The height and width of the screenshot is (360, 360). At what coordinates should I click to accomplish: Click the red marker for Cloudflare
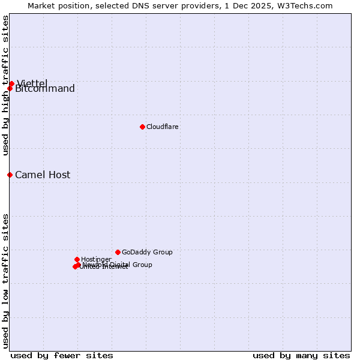tap(142, 127)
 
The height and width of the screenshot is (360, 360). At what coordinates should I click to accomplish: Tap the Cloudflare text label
tap(163, 127)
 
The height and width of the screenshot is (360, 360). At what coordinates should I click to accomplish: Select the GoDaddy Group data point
tap(118, 252)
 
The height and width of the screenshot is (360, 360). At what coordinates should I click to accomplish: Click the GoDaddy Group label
tap(147, 252)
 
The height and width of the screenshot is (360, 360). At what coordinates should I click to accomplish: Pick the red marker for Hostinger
tap(77, 259)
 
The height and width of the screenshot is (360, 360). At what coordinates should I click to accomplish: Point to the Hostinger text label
tap(96, 259)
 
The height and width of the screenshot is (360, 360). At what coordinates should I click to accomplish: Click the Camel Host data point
tap(10, 175)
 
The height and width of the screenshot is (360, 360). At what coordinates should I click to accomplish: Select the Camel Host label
tap(43, 175)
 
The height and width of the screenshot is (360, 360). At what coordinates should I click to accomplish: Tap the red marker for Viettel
tap(11, 83)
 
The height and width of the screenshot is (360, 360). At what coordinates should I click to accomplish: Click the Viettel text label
tap(32, 83)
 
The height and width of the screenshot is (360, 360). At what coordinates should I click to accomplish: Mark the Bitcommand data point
tap(10, 89)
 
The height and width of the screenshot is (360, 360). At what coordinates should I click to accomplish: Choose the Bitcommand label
tap(45, 89)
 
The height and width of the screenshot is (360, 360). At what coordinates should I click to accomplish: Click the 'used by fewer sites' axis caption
tap(62, 355)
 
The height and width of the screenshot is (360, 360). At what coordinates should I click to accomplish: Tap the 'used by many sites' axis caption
tap(301, 355)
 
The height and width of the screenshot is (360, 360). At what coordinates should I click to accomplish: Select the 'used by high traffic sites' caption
tap(5, 85)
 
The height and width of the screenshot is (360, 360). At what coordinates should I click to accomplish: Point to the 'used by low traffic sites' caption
tap(5, 281)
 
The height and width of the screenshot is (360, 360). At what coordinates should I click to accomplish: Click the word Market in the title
tap(42, 5)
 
